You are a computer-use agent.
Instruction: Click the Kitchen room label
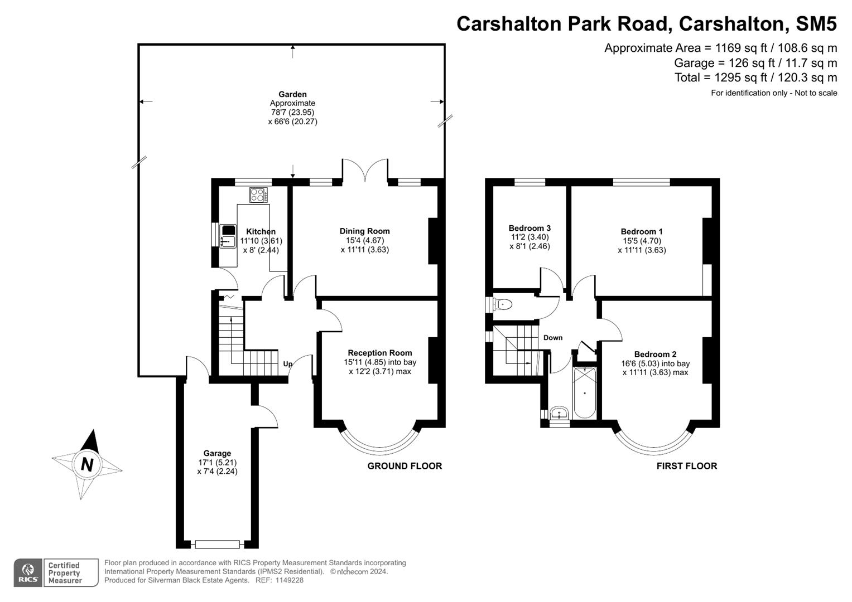tap(261, 231)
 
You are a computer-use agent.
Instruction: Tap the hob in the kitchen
tap(258, 195)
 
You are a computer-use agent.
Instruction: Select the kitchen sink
tap(228, 241)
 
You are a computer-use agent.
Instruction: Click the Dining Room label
tap(364, 231)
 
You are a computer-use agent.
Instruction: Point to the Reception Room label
tap(379, 353)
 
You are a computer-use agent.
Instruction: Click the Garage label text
tap(217, 453)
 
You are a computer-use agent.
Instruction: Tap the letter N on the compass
tap(87, 464)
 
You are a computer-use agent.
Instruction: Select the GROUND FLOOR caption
tap(405, 466)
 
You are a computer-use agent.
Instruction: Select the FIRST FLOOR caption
tap(686, 466)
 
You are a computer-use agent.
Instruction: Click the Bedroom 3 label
tap(530, 228)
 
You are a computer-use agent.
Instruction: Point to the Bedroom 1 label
tap(642, 231)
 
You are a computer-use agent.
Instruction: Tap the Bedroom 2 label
tap(655, 354)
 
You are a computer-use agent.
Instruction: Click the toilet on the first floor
tap(502, 304)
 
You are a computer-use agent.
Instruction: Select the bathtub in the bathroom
tap(585, 393)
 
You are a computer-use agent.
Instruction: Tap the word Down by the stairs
tap(553, 338)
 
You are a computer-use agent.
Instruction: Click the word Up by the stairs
tap(287, 364)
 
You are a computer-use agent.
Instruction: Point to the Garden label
tap(293, 94)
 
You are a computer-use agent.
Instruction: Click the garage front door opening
tap(217, 544)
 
